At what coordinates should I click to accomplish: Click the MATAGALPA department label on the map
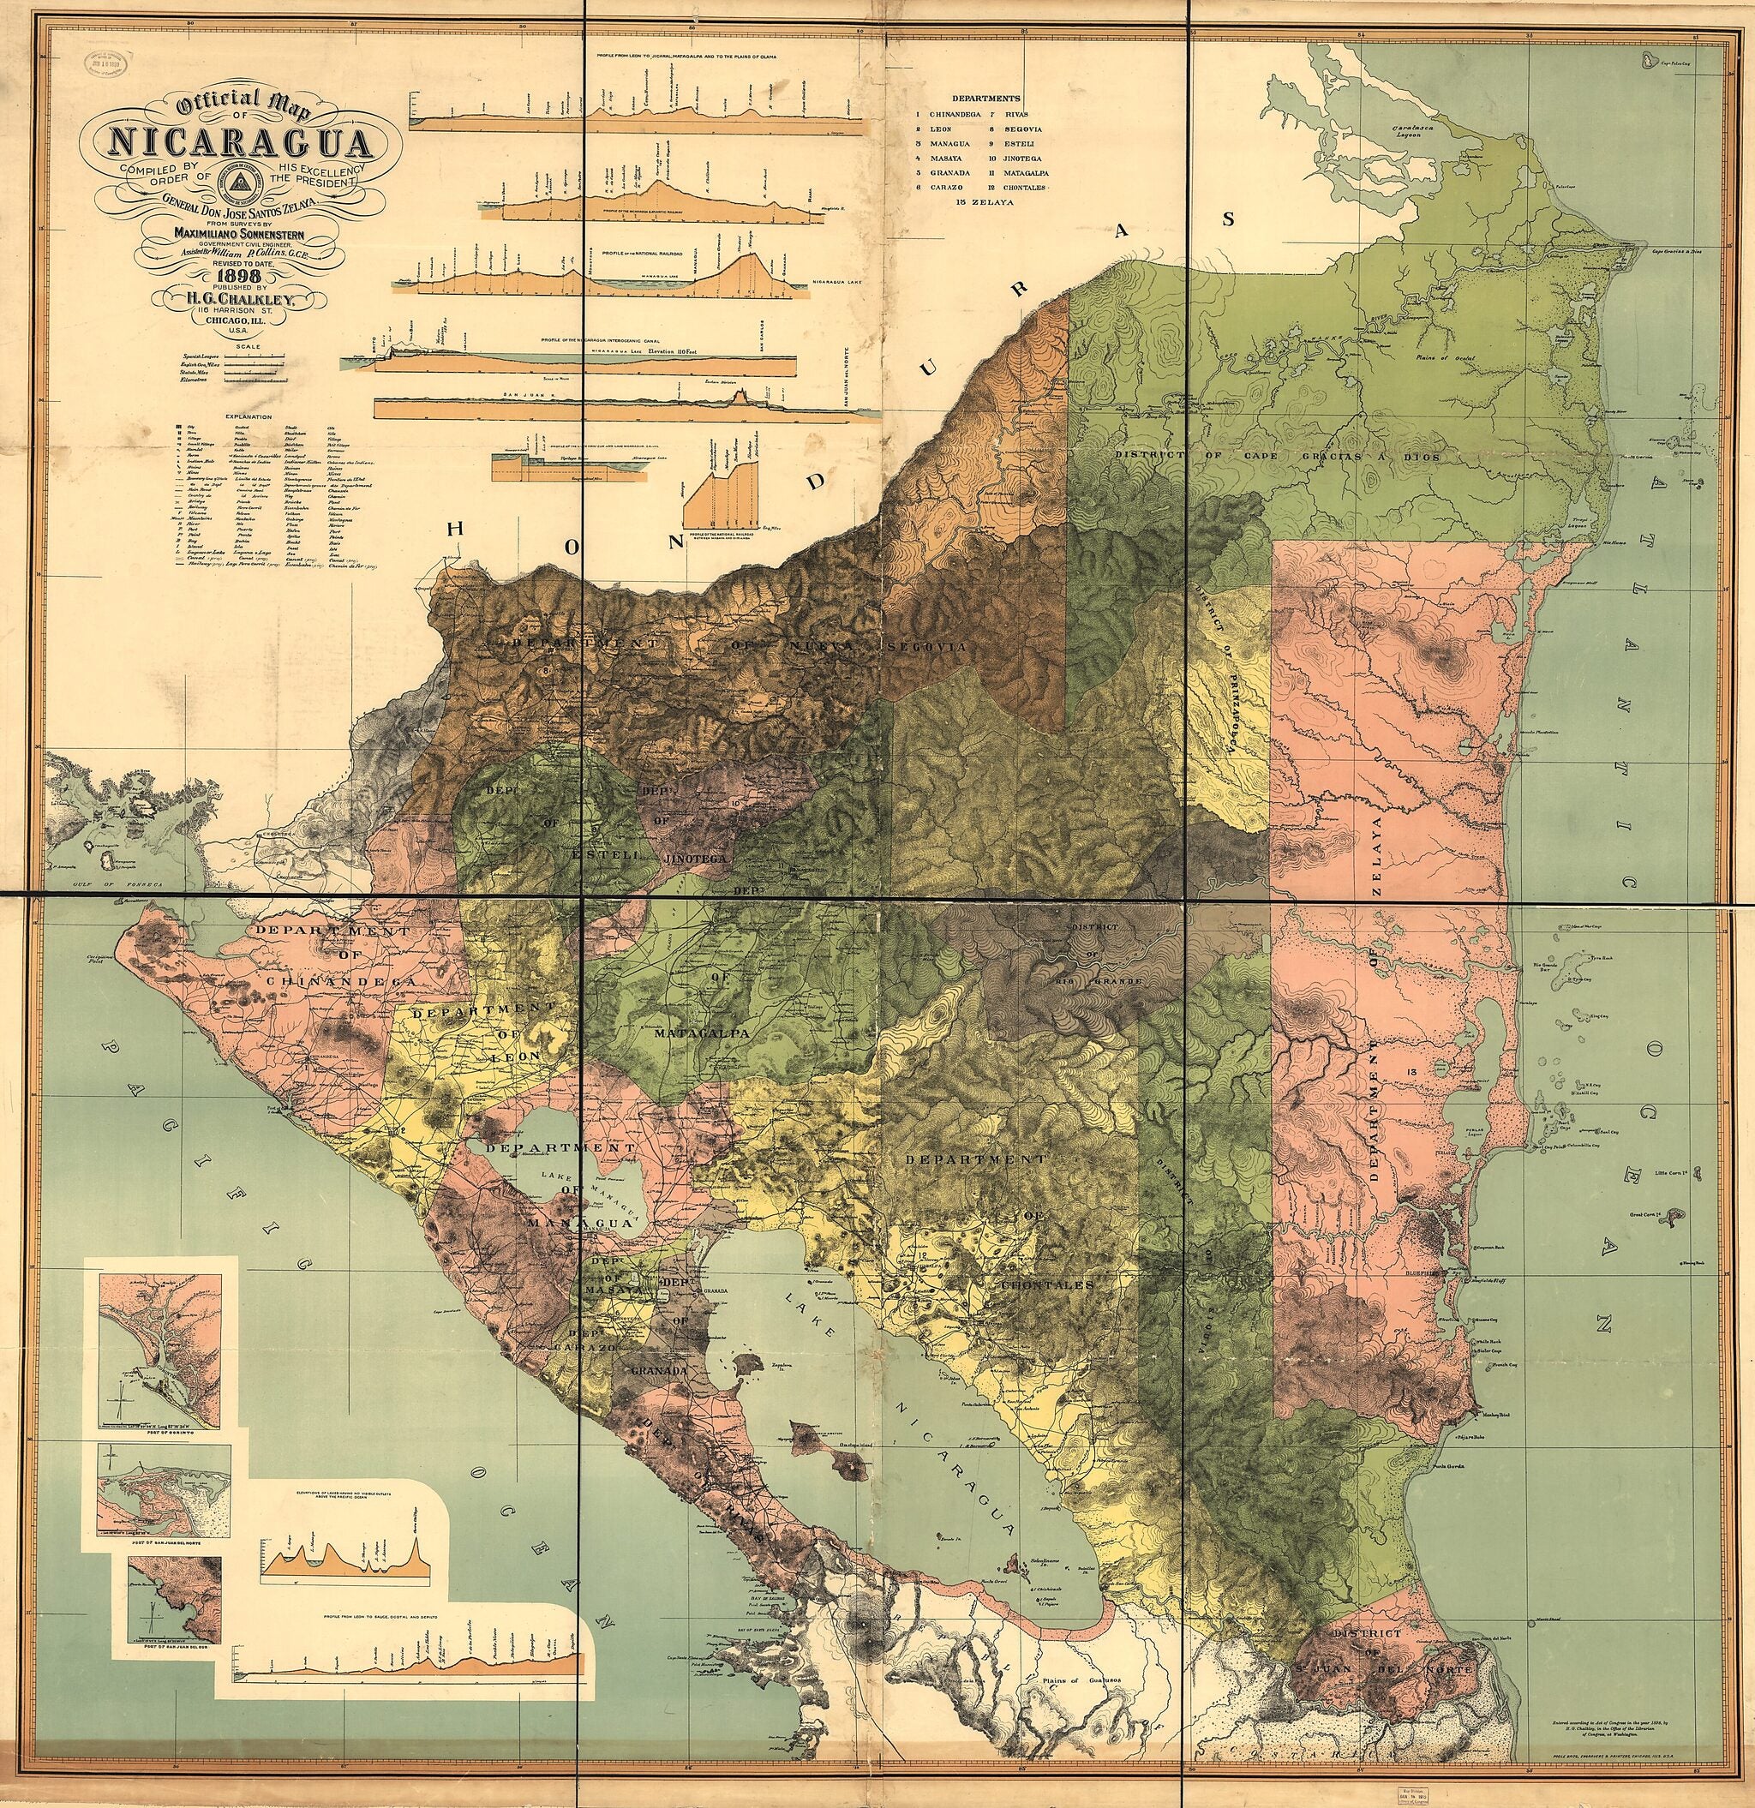[700, 1034]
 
